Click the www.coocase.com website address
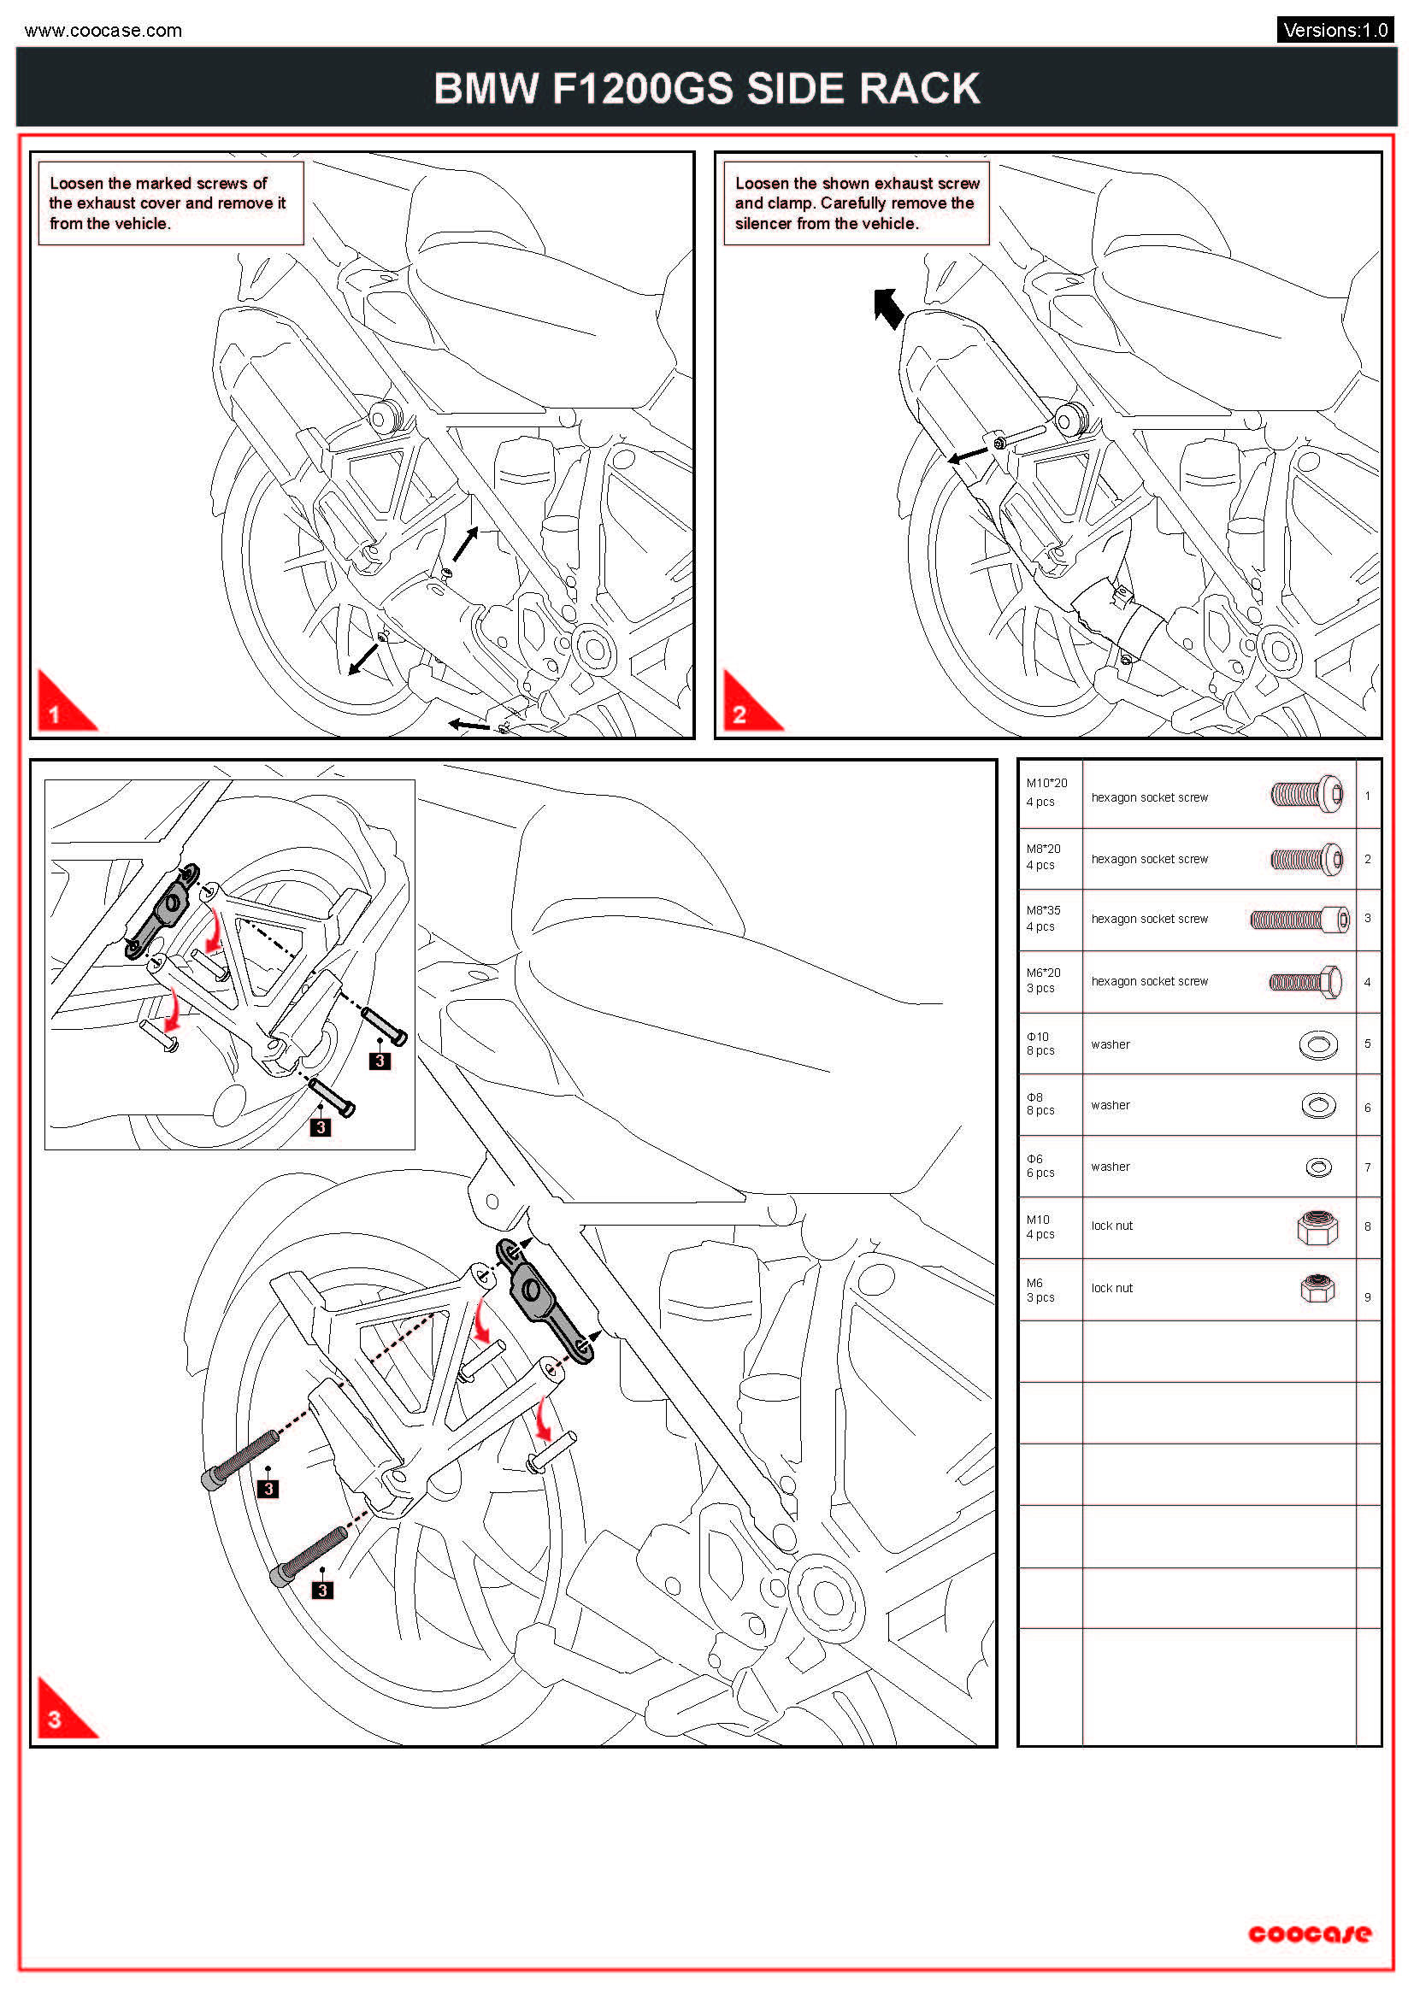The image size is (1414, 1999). tap(103, 31)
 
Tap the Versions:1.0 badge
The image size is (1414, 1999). tap(1334, 30)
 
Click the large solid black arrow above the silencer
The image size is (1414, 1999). tap(888, 309)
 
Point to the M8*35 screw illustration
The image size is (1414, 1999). tap(1299, 920)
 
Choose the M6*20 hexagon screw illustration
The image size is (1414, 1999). tap(1305, 982)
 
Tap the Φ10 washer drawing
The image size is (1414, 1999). tap(1318, 1044)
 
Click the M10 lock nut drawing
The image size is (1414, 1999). tap(1317, 1226)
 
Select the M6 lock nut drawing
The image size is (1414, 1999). tap(1317, 1289)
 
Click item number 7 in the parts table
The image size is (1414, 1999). tap(1368, 1167)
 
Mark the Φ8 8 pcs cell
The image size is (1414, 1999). tap(1040, 1104)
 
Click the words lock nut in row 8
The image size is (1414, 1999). tap(1112, 1226)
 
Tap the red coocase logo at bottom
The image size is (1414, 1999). tap(1309, 1934)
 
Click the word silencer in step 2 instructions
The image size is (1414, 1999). tap(763, 224)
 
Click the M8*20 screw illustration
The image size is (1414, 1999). tap(1306, 859)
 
